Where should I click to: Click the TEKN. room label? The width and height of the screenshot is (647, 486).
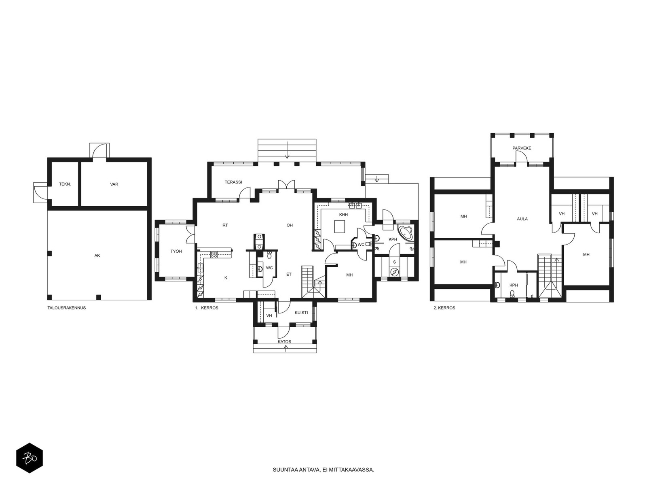click(x=65, y=184)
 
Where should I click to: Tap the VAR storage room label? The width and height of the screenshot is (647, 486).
click(x=114, y=184)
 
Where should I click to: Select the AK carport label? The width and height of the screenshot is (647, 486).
click(x=97, y=256)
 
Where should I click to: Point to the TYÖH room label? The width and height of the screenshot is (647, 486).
click(x=176, y=252)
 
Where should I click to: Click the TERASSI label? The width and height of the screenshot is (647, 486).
click(x=233, y=182)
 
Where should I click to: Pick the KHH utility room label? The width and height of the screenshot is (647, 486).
click(x=343, y=215)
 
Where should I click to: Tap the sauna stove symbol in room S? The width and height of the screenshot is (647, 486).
click(x=394, y=271)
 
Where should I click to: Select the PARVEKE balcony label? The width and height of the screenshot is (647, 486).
click(x=522, y=148)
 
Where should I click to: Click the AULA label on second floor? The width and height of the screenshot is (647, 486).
click(x=522, y=219)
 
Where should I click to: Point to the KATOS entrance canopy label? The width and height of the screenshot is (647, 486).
click(x=284, y=342)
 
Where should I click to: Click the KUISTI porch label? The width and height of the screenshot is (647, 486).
click(x=301, y=313)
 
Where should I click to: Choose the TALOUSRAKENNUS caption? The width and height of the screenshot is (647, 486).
click(x=67, y=308)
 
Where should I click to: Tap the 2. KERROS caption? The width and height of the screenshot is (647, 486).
click(x=444, y=308)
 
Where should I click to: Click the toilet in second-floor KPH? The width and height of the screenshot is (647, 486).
click(x=513, y=294)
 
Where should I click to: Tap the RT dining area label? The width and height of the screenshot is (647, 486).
click(x=225, y=225)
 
